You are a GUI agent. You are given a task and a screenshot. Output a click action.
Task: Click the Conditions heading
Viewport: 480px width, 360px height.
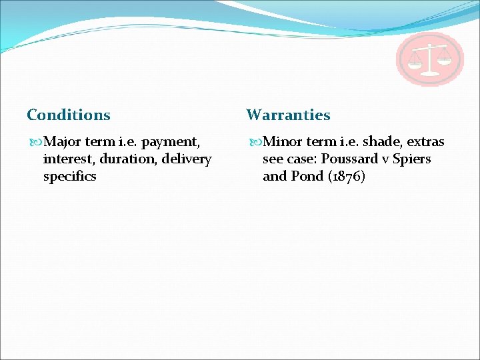point(68,115)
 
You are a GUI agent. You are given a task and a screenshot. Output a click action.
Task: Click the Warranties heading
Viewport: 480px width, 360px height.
point(288,115)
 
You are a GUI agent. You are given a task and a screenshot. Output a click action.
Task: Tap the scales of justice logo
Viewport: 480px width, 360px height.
point(429,59)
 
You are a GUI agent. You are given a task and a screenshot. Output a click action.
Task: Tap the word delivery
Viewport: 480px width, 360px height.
point(187,159)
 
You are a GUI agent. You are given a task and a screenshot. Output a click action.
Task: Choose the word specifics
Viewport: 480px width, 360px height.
point(69,177)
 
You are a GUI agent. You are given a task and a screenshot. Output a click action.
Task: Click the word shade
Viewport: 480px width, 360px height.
point(382,142)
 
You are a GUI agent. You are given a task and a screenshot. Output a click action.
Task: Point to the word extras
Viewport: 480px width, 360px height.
point(425,142)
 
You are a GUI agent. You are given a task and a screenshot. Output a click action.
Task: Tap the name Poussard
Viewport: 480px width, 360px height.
point(348,159)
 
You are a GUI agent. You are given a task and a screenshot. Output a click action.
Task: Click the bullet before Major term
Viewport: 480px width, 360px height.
point(35,142)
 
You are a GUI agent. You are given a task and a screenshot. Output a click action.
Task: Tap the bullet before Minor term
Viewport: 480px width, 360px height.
point(254,142)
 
